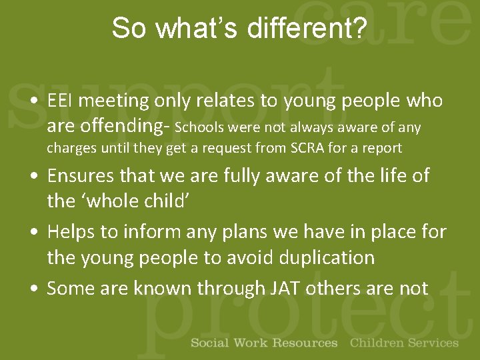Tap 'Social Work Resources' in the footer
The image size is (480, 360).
(264, 343)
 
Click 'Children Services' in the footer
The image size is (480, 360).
(404, 343)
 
